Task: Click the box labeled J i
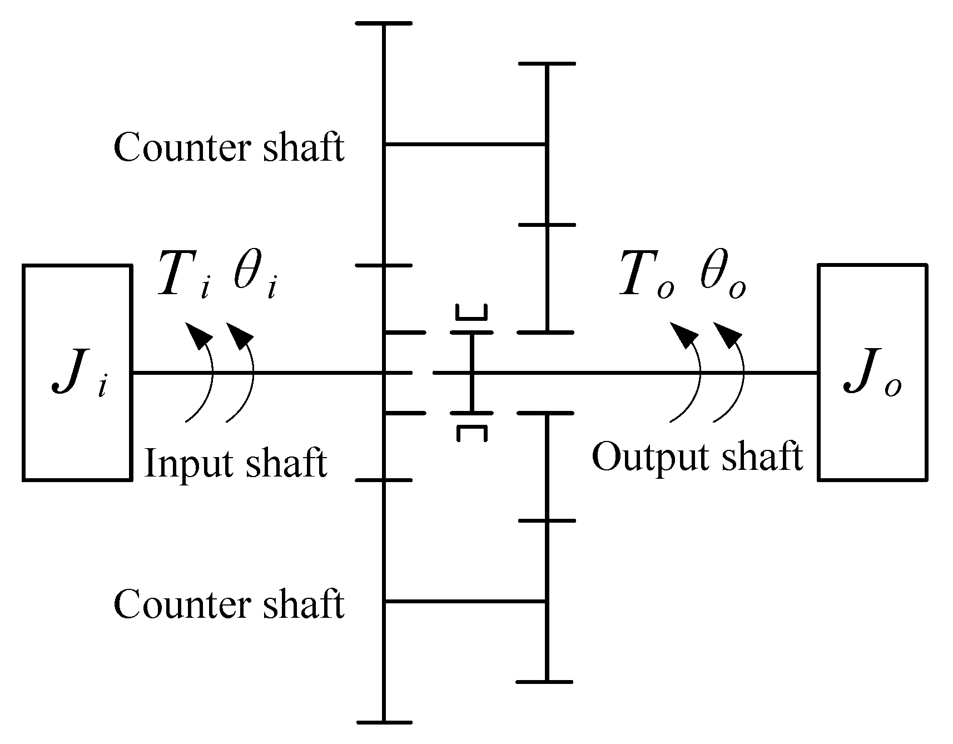click(77, 372)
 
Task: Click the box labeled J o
click(872, 372)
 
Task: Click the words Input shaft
click(235, 463)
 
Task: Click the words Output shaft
click(697, 457)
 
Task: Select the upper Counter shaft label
click(229, 148)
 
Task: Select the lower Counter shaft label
click(229, 604)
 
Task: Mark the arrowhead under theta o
click(727, 334)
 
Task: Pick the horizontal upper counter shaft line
click(465, 144)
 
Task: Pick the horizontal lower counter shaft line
click(465, 602)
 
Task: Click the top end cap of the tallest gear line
click(384, 23)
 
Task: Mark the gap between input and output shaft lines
click(423, 372)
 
